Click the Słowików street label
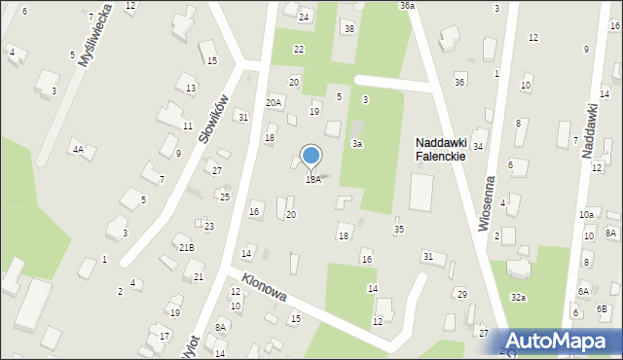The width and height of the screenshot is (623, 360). coord(213,119)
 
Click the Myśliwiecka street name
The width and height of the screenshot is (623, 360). coord(96,34)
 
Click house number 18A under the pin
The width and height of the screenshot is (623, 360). coord(312,179)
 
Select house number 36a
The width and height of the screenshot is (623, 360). coord(407,6)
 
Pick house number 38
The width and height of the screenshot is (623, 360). coord(348,28)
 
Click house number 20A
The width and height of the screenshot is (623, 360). coord(274,102)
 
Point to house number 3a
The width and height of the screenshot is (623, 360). coord(357,144)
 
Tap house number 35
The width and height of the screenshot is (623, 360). coord(398,230)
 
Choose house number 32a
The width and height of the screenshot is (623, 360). coord(518,297)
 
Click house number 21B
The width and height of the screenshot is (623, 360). coord(186,247)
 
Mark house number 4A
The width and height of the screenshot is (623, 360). coord(77,150)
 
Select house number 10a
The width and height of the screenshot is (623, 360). coord(586,214)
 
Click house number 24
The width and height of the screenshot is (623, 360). coord(304,18)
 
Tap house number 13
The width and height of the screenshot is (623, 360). coord(191,89)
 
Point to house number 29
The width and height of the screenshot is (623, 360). coord(462,294)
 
